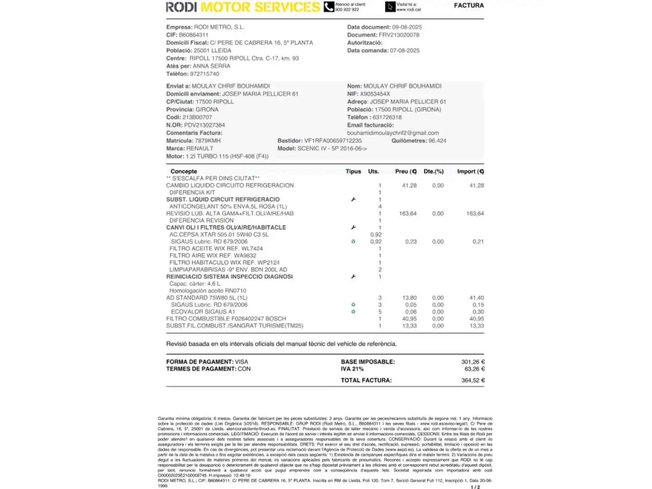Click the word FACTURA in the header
point(469,5)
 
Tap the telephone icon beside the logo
point(329,7)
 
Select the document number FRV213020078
point(399,35)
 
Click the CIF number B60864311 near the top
point(193,35)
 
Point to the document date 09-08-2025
point(407,27)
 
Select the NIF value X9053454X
point(375,94)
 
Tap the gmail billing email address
point(393,133)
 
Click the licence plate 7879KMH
point(208,140)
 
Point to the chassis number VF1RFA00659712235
point(333,140)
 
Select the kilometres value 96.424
point(437,140)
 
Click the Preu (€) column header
point(406,171)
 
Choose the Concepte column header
point(183,171)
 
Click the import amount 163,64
point(475,213)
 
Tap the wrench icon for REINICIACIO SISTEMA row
point(353,276)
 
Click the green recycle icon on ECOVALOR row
point(353,312)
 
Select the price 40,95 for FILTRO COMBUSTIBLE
point(409,319)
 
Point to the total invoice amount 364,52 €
point(473,380)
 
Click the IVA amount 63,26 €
point(474,369)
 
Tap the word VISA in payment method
point(241,362)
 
